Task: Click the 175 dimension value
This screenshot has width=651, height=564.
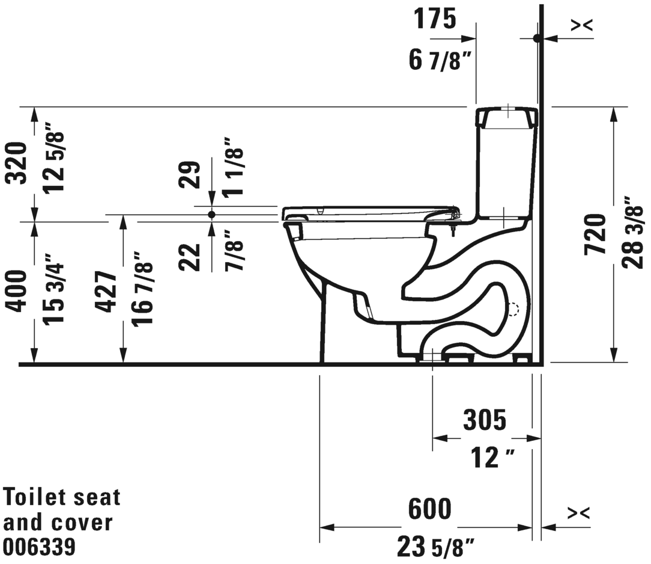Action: [x=435, y=19]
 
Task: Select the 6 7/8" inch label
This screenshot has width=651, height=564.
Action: [x=438, y=60]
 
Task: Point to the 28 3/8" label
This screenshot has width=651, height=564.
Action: [x=634, y=232]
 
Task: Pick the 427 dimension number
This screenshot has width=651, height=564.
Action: [x=107, y=292]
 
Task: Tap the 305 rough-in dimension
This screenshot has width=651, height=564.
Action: [x=484, y=420]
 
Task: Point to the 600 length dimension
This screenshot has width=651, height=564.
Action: [x=429, y=509]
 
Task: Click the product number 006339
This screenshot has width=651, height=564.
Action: [x=40, y=547]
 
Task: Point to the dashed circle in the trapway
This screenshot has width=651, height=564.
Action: [x=512, y=309]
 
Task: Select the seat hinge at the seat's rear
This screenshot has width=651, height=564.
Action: [x=455, y=212]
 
